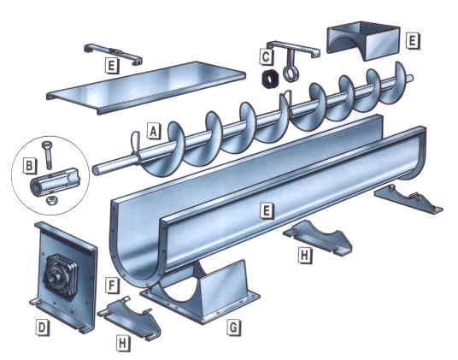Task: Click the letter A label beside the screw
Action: pos(153,131)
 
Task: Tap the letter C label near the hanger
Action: pos(267,57)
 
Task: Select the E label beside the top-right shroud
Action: pos(412,40)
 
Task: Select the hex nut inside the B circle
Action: pos(52,199)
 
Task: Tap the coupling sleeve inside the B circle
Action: pos(56,183)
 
